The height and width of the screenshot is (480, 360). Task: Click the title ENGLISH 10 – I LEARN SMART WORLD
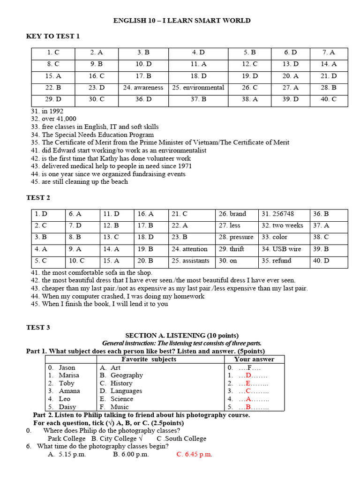coord(182,21)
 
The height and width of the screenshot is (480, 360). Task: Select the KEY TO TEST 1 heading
coord(53,36)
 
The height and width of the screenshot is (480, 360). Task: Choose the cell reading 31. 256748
coord(278,214)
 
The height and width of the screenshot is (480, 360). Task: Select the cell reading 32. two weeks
coord(282,225)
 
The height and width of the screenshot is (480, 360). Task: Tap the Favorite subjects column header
coord(149,359)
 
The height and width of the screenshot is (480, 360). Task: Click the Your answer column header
coord(254,359)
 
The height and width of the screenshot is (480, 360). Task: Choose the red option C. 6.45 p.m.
coord(194,454)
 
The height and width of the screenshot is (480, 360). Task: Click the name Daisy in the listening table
coord(67,407)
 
